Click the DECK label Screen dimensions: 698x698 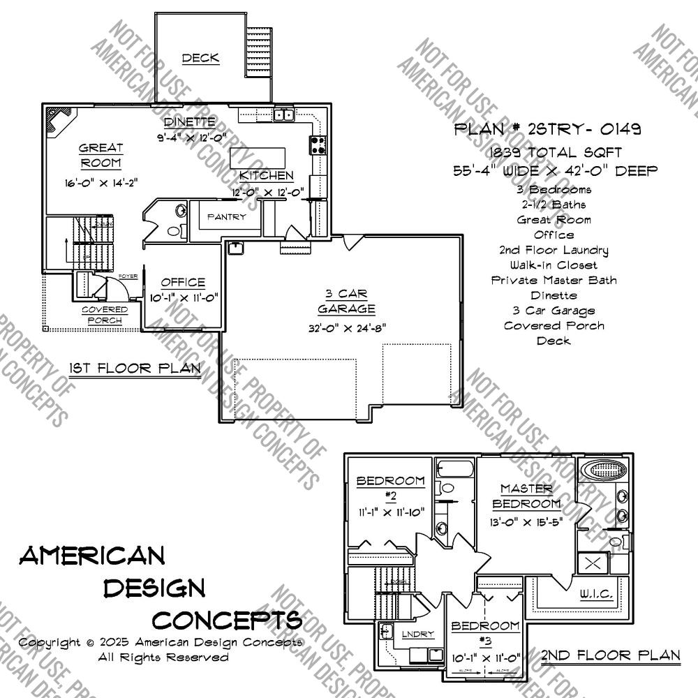pyautogui.click(x=200, y=58)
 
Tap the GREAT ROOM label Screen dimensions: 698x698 pyautogui.click(x=101, y=156)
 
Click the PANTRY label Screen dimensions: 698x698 pyautogui.click(x=226, y=217)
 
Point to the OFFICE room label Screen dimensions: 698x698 pyautogui.click(x=183, y=283)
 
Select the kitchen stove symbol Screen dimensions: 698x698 pyautogui.click(x=318, y=144)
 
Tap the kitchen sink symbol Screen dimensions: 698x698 pyautogui.click(x=283, y=115)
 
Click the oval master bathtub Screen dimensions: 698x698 pyautogui.click(x=603, y=470)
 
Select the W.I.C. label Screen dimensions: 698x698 pyautogui.click(x=596, y=594)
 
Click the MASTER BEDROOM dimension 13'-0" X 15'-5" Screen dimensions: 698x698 pyautogui.click(x=526, y=521)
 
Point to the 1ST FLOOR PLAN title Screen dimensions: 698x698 pyautogui.click(x=135, y=368)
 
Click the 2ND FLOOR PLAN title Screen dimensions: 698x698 pyautogui.click(x=610, y=655)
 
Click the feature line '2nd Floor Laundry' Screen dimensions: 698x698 pyautogui.click(x=554, y=250)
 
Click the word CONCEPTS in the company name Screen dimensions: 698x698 pyautogui.click(x=227, y=619)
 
